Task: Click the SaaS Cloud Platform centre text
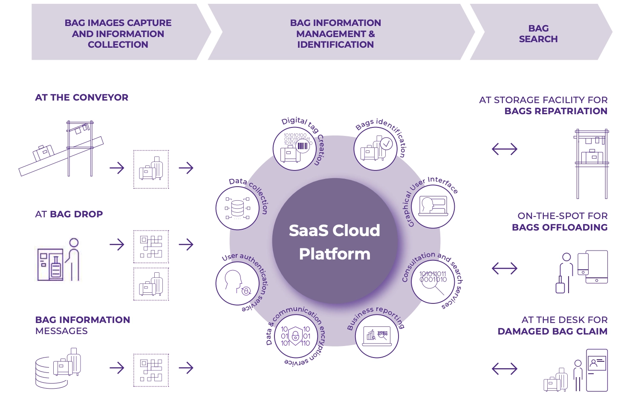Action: click(x=335, y=242)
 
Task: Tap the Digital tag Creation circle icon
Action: click(x=295, y=149)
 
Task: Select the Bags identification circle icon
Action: click(x=375, y=149)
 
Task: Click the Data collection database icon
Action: click(x=237, y=208)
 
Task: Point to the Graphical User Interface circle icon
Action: click(x=433, y=207)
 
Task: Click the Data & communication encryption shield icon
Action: click(x=295, y=336)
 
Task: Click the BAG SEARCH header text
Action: click(x=538, y=34)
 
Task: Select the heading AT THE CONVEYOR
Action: click(x=82, y=98)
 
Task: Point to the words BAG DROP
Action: click(x=76, y=214)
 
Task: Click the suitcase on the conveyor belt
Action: click(x=43, y=152)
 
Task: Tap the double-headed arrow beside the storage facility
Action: click(x=504, y=149)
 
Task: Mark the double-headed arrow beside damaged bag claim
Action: click(x=504, y=369)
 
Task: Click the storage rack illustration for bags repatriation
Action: click(x=592, y=164)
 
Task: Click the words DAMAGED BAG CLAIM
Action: click(x=552, y=332)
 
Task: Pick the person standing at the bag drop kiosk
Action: click(x=74, y=259)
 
